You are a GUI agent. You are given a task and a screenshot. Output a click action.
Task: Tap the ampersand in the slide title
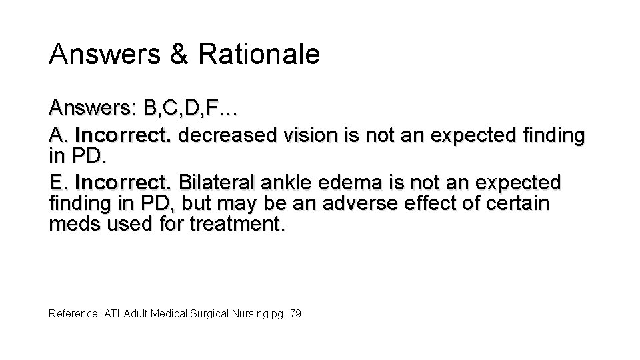[179, 55]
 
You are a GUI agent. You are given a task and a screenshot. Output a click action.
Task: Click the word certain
[515, 203]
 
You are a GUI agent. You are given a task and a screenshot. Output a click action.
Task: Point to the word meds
[70, 225]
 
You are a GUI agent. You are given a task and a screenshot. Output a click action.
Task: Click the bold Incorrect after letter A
[124, 136]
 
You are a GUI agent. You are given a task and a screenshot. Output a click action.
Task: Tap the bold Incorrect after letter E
[124, 181]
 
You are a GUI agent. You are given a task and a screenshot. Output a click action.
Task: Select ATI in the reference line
[111, 312]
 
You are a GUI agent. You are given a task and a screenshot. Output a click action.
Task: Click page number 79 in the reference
[296, 312]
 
